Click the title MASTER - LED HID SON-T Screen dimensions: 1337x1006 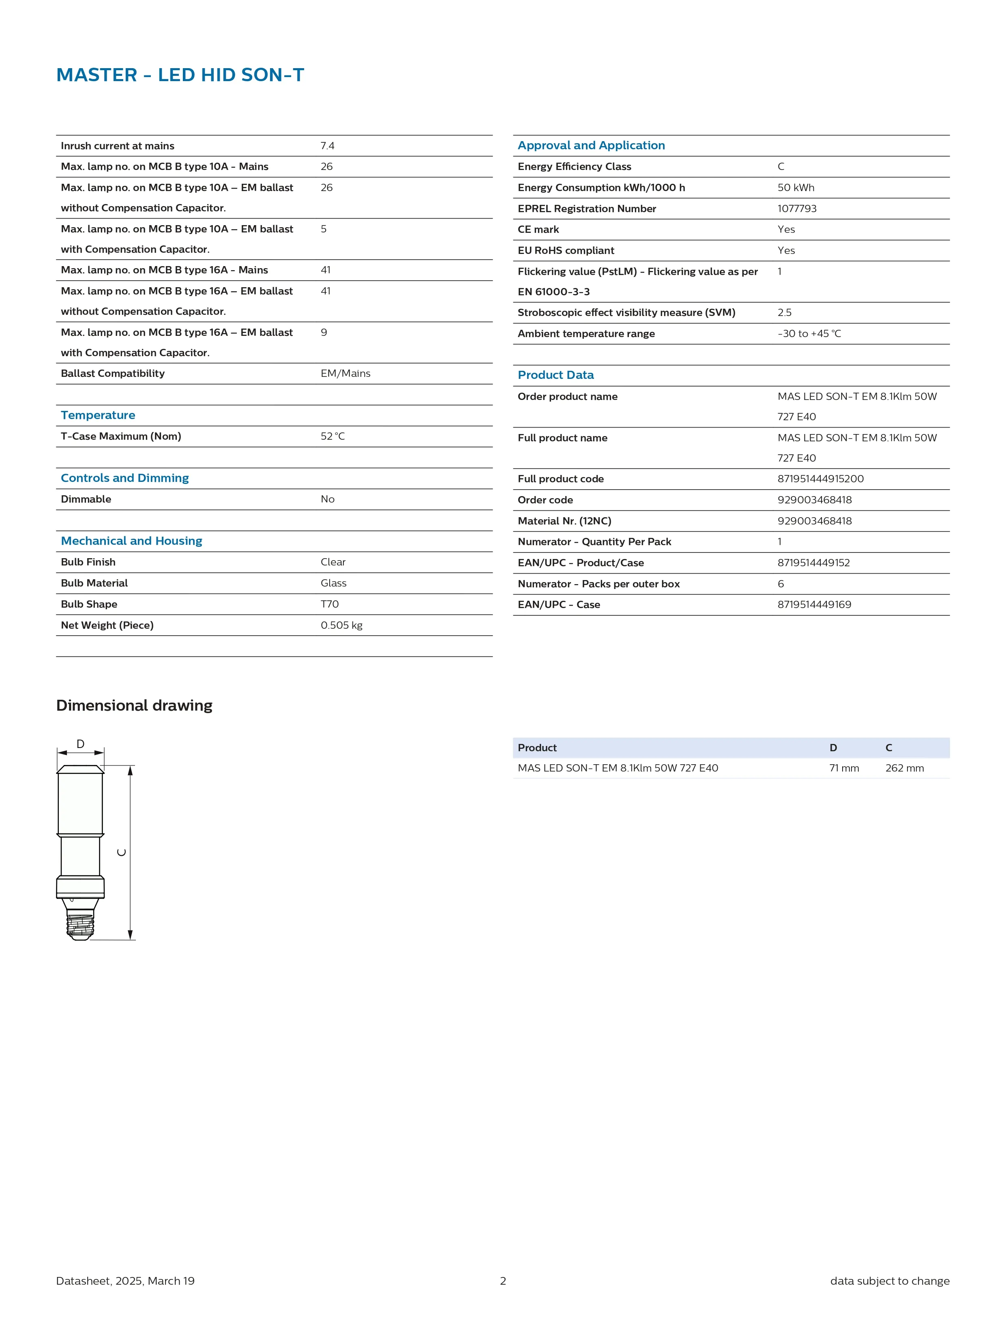tap(180, 75)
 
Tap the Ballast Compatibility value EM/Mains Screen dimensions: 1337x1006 tap(345, 374)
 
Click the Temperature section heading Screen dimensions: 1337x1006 tap(98, 415)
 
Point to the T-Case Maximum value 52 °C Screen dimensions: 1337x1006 tap(332, 436)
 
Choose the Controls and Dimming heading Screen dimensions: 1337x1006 tap(124, 478)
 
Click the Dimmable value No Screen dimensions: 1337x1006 tap(328, 499)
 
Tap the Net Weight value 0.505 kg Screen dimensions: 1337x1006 tap(341, 625)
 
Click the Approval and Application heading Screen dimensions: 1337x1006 tap(591, 145)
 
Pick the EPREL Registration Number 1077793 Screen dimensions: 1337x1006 tap(796, 209)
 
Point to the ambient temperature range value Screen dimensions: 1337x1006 tap(809, 334)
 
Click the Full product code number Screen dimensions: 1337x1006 tap(820, 479)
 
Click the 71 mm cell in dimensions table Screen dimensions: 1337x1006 tap(843, 768)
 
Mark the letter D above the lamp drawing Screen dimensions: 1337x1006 tap(80, 744)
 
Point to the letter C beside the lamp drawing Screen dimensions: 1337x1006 tap(122, 852)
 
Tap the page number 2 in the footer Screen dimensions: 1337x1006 tap(503, 1281)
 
